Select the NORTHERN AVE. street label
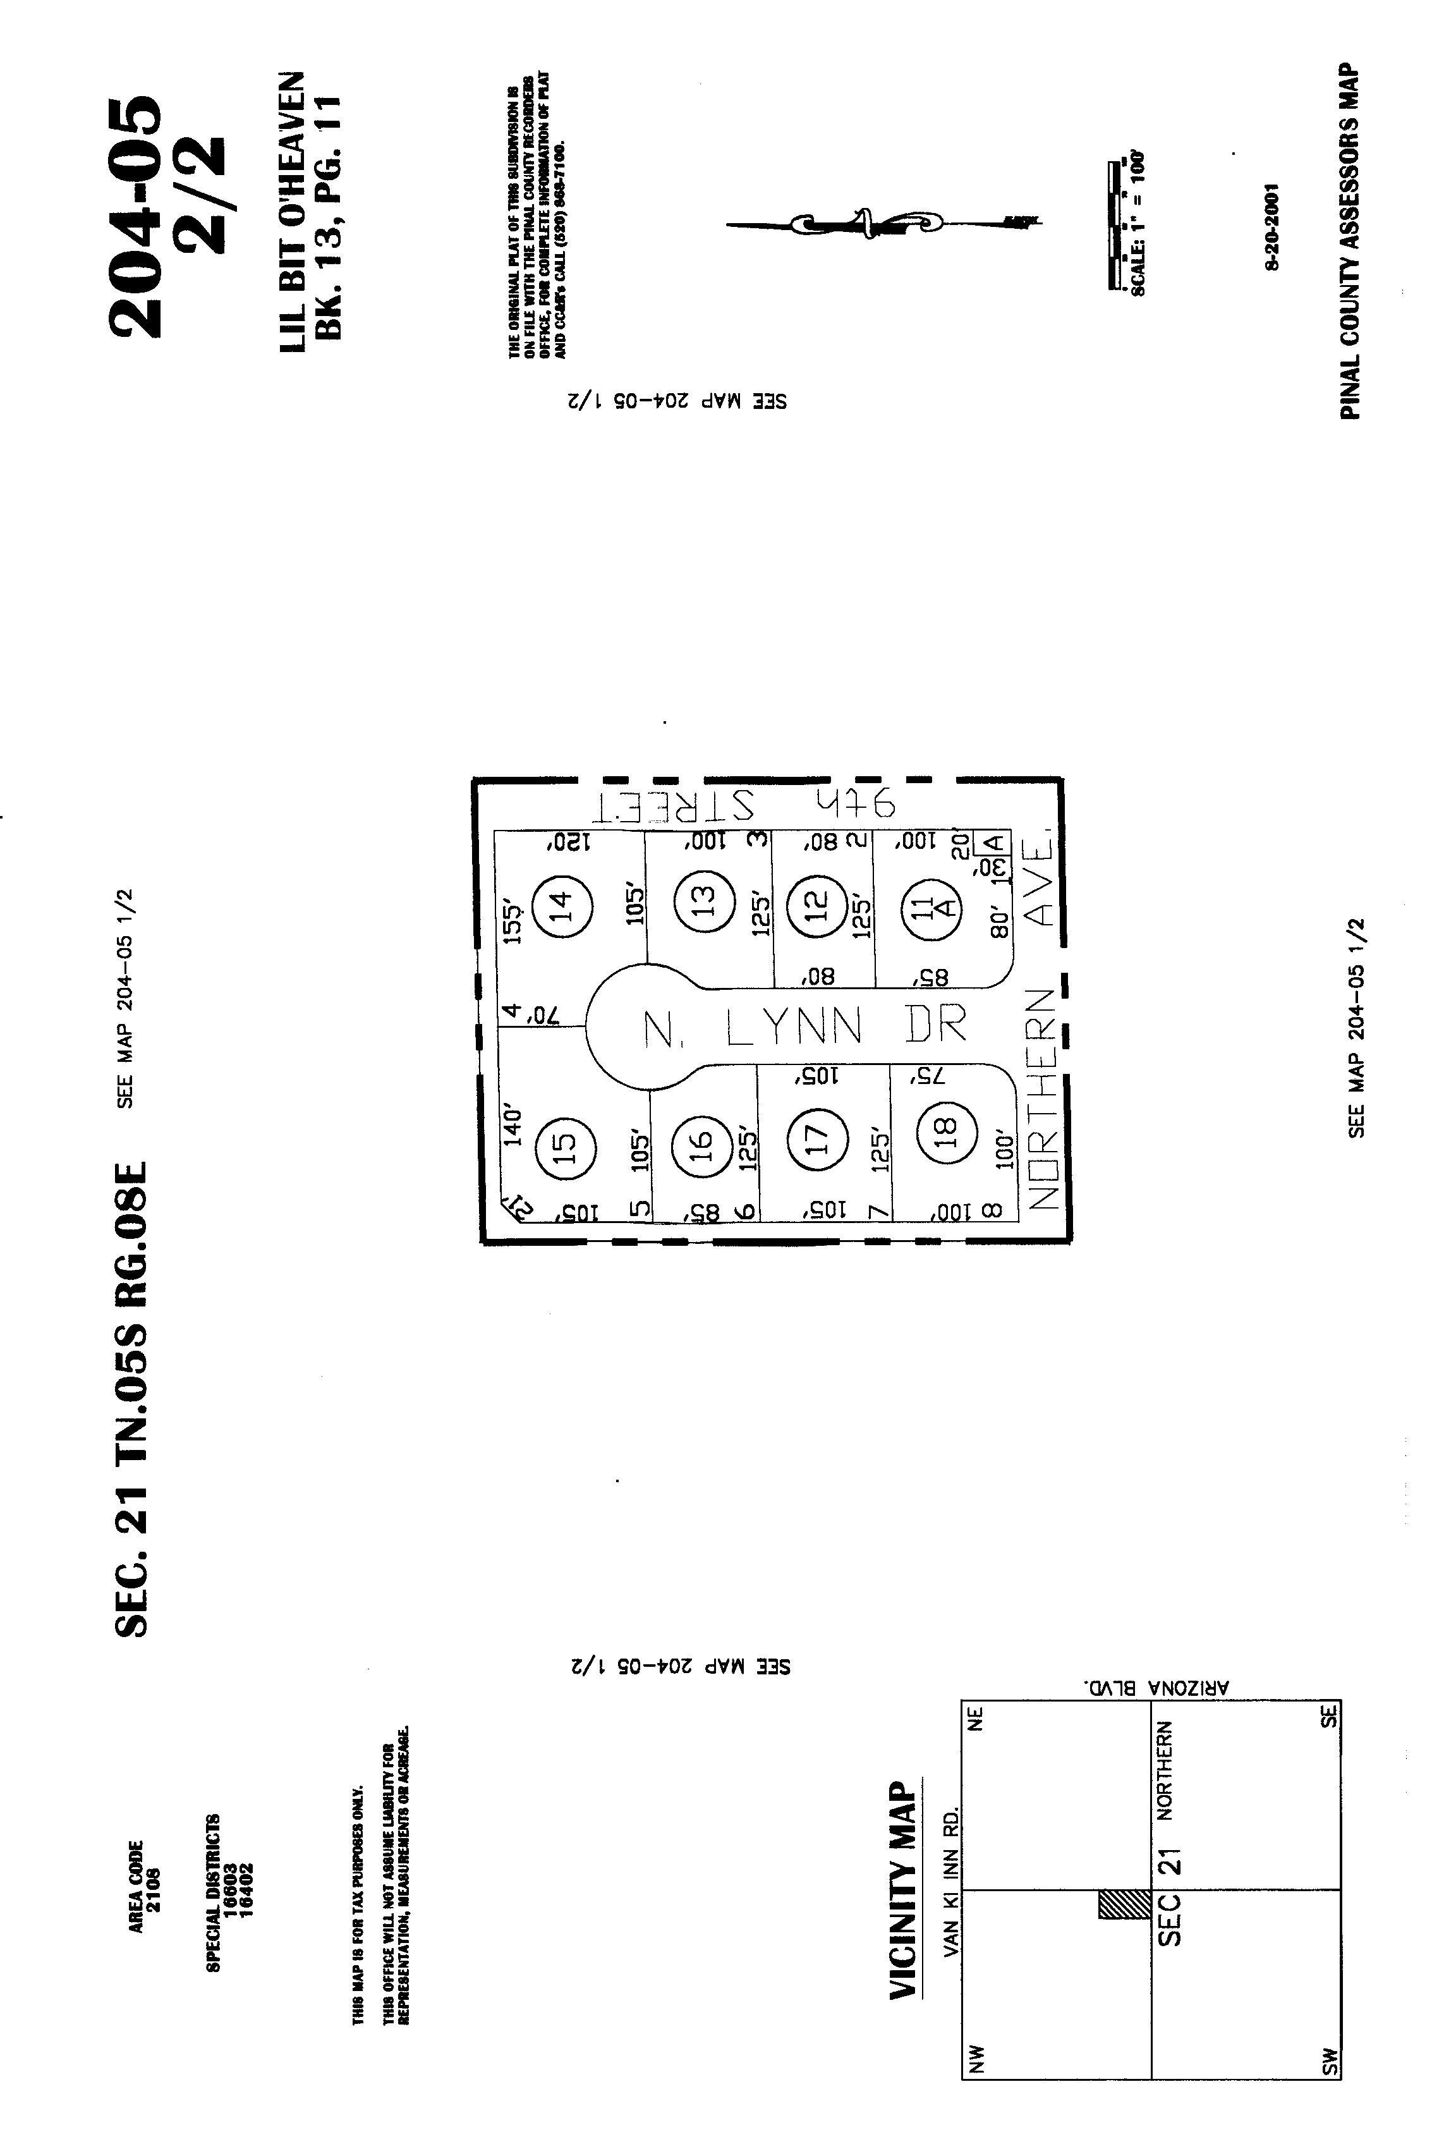(1041, 1023)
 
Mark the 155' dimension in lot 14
(515, 923)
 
